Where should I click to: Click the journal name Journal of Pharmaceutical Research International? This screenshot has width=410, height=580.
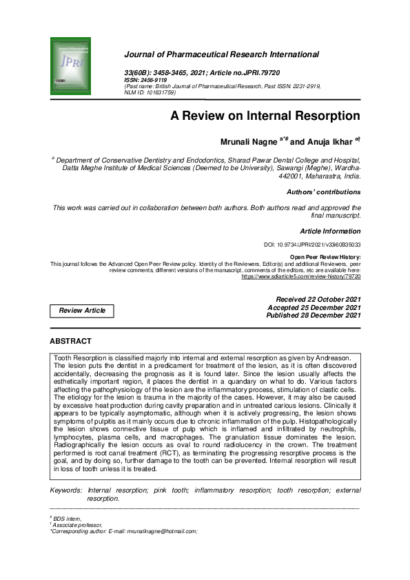[x=221, y=54]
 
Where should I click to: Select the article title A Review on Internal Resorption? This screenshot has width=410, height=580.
[x=265, y=115]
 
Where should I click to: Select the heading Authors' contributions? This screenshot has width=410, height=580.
[x=323, y=191]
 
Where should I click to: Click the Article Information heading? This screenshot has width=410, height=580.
[x=330, y=231]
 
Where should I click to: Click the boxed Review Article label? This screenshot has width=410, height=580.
[x=82, y=311]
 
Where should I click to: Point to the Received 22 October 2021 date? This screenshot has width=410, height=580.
[x=318, y=299]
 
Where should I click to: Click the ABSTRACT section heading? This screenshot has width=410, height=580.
[x=70, y=341]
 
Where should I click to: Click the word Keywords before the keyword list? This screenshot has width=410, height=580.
[x=65, y=490]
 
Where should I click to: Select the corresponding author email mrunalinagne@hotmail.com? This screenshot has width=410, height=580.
[x=163, y=531]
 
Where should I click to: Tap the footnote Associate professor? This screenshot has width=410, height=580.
[x=74, y=525]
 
